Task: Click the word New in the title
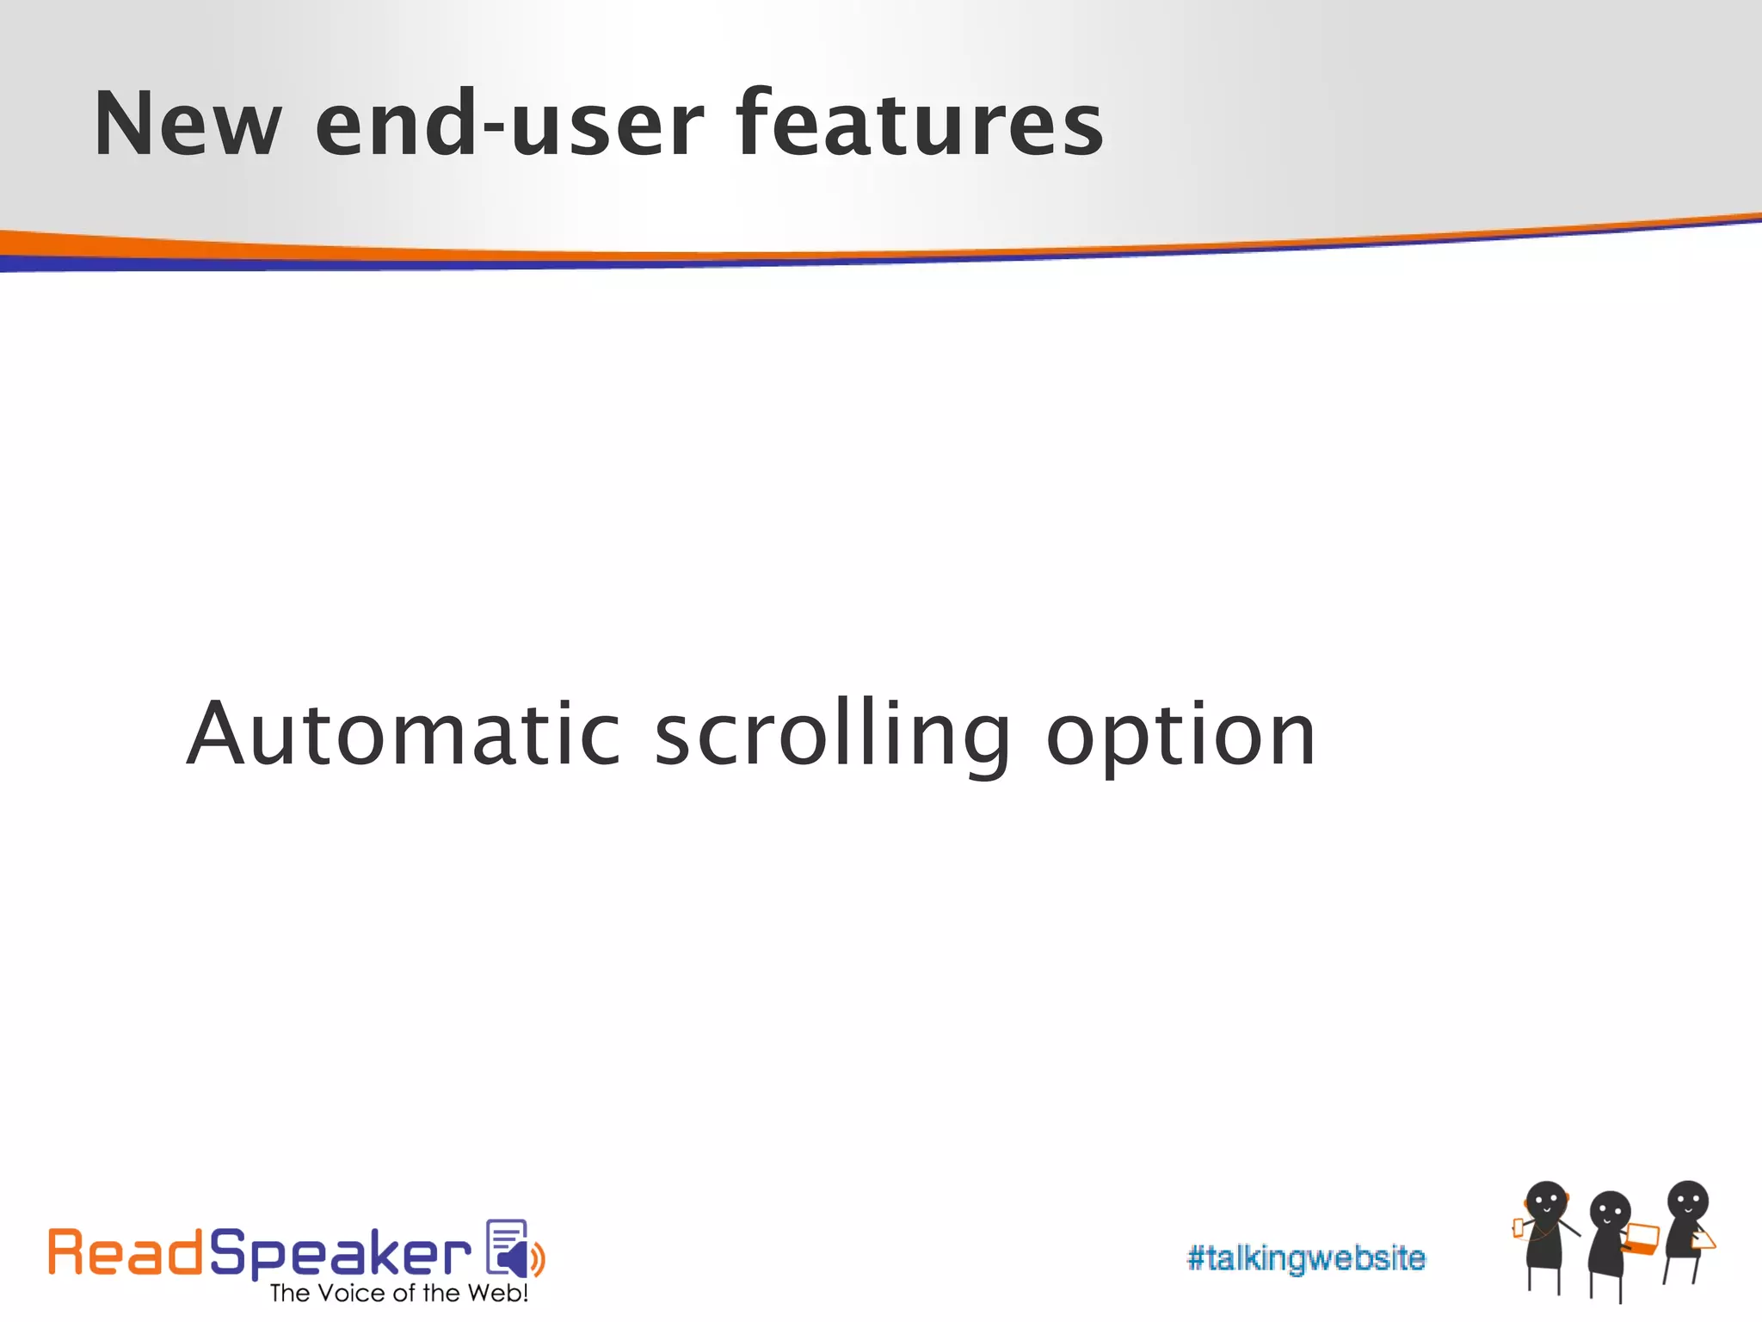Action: coord(188,125)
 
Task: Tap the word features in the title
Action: coord(919,125)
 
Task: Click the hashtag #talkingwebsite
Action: coord(1305,1258)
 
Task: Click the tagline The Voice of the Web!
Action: coord(398,1293)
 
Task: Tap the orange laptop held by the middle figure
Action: coord(1642,1239)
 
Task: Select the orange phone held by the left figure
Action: coord(1519,1227)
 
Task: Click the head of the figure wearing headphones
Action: coord(1546,1202)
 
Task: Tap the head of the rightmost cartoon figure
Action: coord(1687,1201)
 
